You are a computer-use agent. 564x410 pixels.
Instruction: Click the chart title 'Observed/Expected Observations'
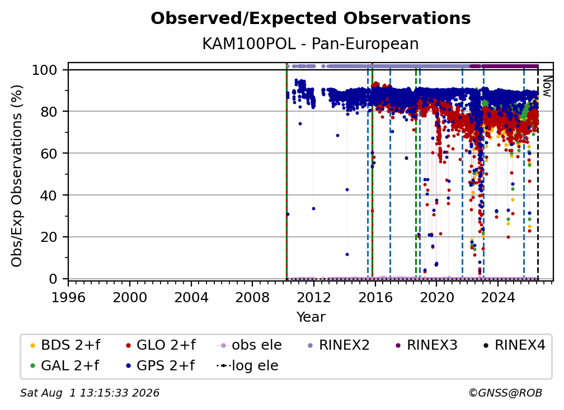tap(311, 18)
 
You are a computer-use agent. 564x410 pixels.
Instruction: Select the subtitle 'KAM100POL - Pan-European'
tap(311, 44)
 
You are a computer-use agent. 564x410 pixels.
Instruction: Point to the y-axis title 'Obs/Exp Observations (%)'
tap(17, 176)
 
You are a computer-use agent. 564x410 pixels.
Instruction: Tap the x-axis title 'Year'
tap(311, 317)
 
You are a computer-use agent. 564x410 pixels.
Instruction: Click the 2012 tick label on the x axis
tap(314, 298)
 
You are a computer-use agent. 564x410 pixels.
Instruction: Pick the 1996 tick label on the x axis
tap(68, 298)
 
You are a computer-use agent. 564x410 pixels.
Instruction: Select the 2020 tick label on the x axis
tap(436, 298)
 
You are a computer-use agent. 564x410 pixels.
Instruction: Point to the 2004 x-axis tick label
tap(191, 298)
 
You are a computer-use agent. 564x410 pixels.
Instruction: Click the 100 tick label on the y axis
tap(45, 70)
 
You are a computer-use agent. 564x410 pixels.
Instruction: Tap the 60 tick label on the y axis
tap(49, 154)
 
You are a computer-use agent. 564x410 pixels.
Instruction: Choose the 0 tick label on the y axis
tap(53, 279)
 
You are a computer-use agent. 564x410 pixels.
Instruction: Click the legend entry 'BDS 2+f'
tap(65, 345)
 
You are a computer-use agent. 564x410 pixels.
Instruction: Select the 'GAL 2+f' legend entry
tap(65, 366)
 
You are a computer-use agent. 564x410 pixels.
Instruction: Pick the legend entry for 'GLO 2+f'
tap(161, 345)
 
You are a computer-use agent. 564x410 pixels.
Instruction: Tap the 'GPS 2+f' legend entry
tap(160, 366)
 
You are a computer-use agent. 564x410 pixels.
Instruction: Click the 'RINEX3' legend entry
tap(426, 345)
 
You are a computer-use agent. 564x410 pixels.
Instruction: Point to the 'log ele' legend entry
tap(247, 366)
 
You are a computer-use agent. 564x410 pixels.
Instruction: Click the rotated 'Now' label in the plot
tap(547, 86)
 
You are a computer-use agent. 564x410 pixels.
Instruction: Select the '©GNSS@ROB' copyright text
tap(505, 393)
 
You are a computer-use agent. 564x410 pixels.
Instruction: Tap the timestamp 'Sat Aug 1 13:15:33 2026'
tap(90, 393)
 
